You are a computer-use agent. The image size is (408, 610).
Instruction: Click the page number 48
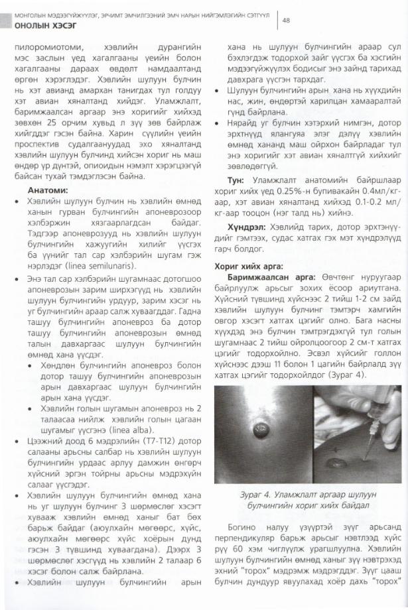coord(287,20)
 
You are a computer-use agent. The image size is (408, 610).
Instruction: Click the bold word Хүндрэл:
coord(247,227)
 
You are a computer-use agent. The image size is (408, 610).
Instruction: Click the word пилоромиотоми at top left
coord(54,48)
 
